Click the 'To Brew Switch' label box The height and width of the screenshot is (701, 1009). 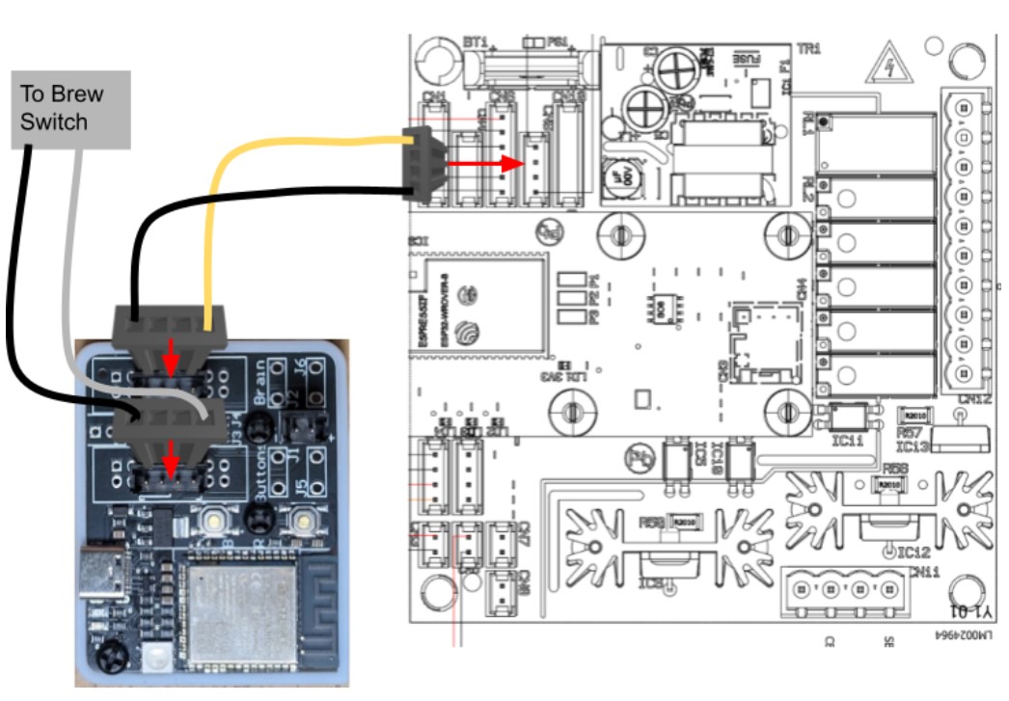click(x=70, y=108)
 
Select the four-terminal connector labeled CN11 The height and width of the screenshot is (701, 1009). click(x=844, y=586)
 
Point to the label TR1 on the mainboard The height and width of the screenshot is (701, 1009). click(x=807, y=48)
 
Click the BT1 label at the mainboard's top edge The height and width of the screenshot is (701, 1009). click(x=474, y=42)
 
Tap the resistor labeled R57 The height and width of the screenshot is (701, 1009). click(x=912, y=415)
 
